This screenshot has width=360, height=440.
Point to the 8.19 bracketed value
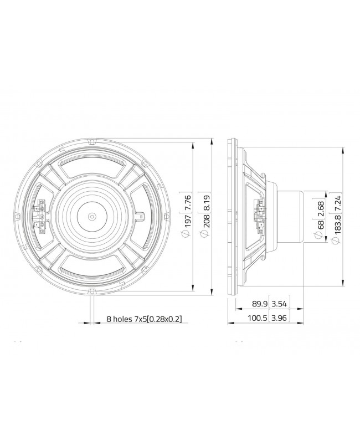[x=207, y=202]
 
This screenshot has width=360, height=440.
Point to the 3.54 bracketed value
[x=281, y=304]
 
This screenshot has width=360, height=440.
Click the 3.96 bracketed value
[x=281, y=320]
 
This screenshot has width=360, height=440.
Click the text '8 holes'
[x=120, y=320]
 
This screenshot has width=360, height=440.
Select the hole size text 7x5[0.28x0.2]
[x=160, y=320]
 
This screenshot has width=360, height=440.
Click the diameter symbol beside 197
[x=187, y=237]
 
